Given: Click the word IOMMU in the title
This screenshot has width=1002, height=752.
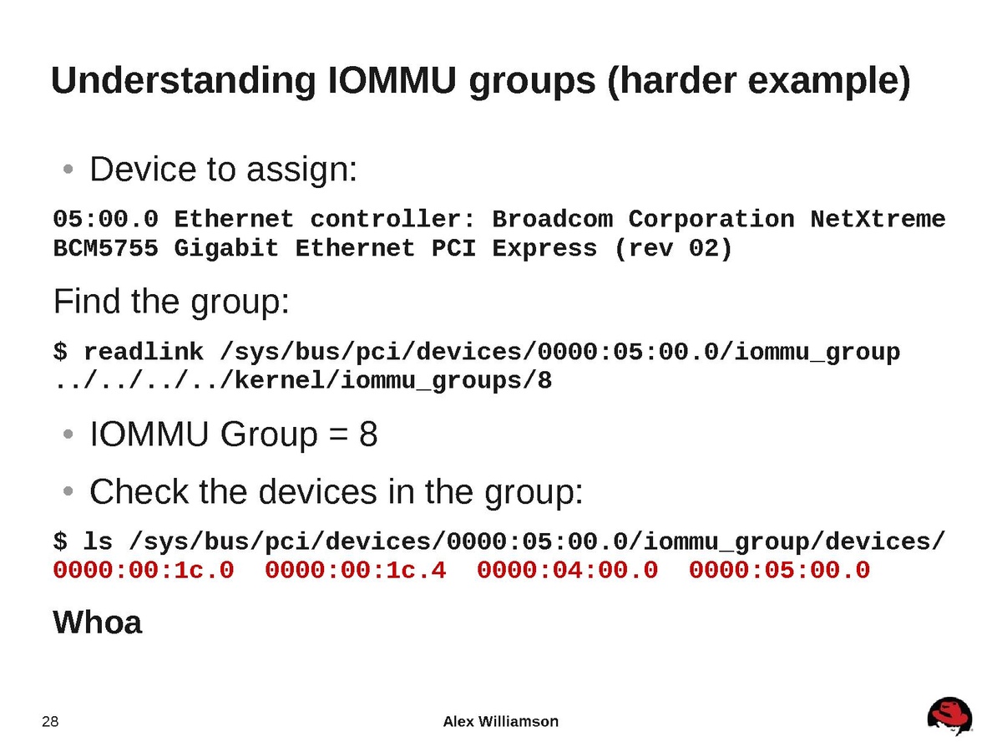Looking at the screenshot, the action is (x=392, y=81).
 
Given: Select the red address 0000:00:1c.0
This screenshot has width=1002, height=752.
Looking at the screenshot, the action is (x=144, y=570).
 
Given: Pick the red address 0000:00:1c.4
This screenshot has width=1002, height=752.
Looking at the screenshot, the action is (x=355, y=570).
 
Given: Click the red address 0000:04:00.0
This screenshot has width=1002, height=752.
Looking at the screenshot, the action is (x=567, y=570).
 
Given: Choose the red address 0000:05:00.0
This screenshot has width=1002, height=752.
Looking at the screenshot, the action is (x=779, y=570).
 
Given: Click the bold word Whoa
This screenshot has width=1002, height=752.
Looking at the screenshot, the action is (x=98, y=622).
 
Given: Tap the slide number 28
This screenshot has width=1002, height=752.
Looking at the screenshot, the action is (x=50, y=722).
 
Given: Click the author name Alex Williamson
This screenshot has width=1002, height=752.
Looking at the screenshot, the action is (x=500, y=721).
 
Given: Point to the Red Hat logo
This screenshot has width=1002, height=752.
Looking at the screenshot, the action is (x=949, y=716).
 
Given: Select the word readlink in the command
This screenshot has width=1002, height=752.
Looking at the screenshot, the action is (x=144, y=352).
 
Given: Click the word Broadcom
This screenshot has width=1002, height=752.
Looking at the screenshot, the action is (x=553, y=219).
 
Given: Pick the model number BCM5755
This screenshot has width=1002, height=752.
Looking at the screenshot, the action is (x=105, y=248).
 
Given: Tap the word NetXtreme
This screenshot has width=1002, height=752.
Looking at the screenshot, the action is (x=878, y=219).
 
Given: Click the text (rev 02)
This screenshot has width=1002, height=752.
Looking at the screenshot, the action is (x=673, y=249).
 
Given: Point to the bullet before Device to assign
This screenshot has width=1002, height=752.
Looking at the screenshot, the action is (x=68, y=170).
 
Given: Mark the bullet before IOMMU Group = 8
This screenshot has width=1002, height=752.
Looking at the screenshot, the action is (x=68, y=434).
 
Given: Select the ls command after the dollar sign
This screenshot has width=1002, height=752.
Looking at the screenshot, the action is (x=97, y=541).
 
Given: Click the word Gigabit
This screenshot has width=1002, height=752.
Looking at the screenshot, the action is (x=226, y=249).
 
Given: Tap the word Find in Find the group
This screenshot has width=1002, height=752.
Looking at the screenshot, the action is (x=87, y=302).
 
